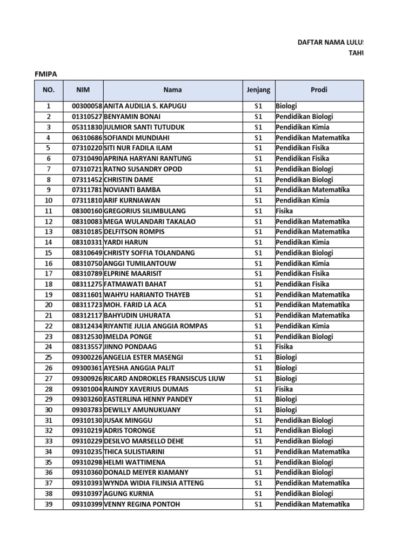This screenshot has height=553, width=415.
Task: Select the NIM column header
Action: [83, 90]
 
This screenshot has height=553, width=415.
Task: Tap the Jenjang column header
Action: [258, 90]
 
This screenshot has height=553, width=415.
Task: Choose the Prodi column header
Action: [319, 90]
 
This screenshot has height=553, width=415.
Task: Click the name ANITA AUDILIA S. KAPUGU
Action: [145, 106]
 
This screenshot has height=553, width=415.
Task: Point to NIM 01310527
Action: [87, 117]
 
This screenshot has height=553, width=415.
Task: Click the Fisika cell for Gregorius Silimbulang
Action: [284, 211]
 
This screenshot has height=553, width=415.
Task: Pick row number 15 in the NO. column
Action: [49, 253]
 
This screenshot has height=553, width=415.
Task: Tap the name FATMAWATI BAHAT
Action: [135, 284]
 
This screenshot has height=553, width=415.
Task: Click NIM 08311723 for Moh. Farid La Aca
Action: [87, 305]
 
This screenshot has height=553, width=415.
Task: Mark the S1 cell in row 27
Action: [258, 379]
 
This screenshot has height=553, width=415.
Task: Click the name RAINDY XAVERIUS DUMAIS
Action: [146, 389]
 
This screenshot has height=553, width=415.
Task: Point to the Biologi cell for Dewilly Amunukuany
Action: [286, 410]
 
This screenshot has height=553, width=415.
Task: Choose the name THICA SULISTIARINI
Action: [135, 451]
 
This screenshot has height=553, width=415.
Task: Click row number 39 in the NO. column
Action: [49, 504]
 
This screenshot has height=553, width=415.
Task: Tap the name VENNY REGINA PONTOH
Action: [142, 504]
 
